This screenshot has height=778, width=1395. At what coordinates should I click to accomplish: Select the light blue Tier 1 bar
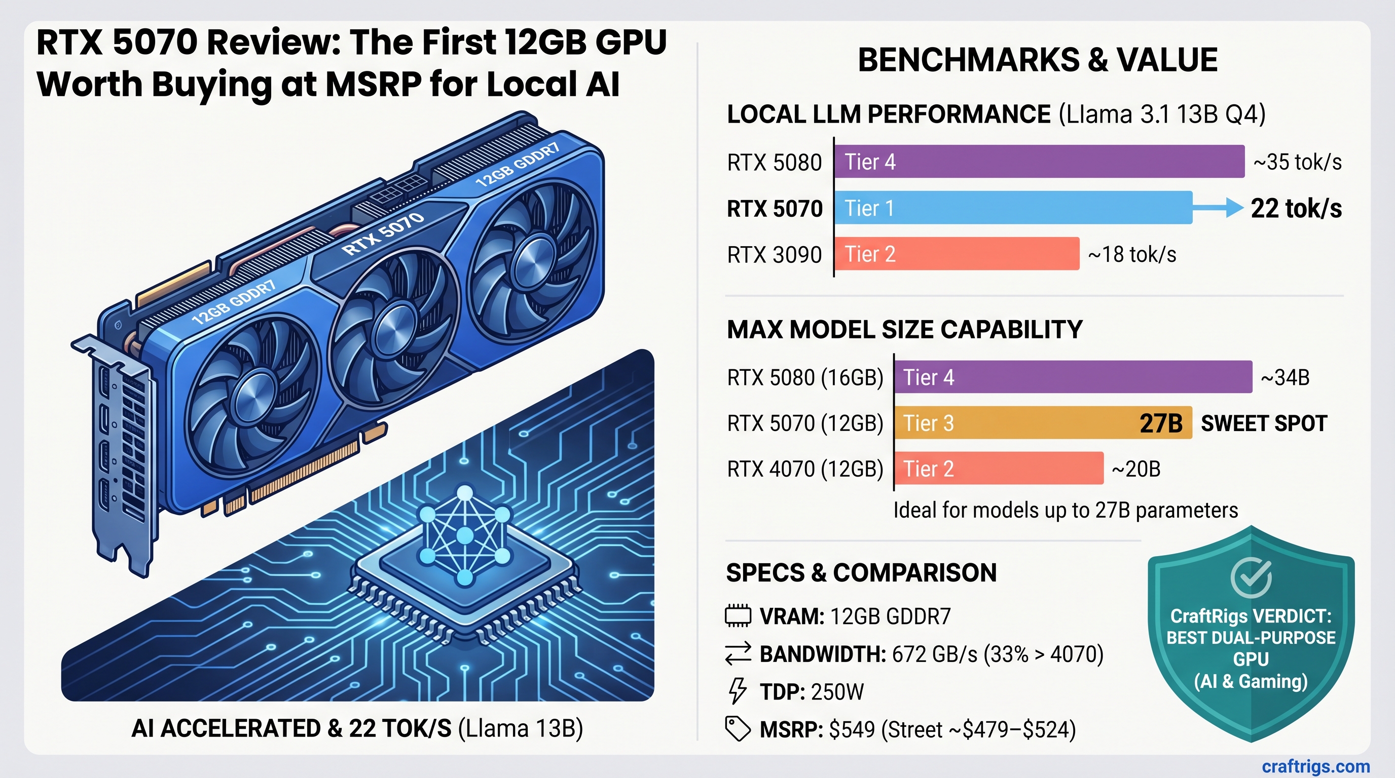point(1013,208)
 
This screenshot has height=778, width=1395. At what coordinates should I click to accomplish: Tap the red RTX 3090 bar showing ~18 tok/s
point(957,254)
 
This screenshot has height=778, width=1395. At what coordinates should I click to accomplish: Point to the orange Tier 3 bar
point(1043,422)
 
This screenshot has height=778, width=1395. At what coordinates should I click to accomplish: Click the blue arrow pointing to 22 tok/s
point(1219,208)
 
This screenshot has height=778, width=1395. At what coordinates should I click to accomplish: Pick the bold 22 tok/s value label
point(1296,208)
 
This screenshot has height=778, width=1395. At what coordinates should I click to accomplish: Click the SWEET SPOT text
point(1264,423)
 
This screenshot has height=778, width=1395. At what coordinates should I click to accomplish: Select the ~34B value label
point(1285,378)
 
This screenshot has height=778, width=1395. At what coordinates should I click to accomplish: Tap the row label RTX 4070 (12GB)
point(805,469)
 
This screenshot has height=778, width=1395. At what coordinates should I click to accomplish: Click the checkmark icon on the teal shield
point(1251,577)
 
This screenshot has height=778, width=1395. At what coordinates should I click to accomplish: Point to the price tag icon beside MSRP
point(738,729)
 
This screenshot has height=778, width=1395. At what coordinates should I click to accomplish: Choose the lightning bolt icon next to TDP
point(737,691)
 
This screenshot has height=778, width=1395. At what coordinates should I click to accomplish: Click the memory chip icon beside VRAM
point(738,616)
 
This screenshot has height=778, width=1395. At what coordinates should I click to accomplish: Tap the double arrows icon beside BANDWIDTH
point(738,653)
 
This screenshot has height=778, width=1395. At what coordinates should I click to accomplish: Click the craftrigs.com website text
point(1315,766)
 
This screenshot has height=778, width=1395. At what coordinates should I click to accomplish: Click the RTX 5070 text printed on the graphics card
point(383,233)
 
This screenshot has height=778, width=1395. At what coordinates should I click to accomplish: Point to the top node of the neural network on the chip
point(465,493)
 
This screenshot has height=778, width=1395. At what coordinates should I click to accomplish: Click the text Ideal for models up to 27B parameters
point(1065,510)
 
